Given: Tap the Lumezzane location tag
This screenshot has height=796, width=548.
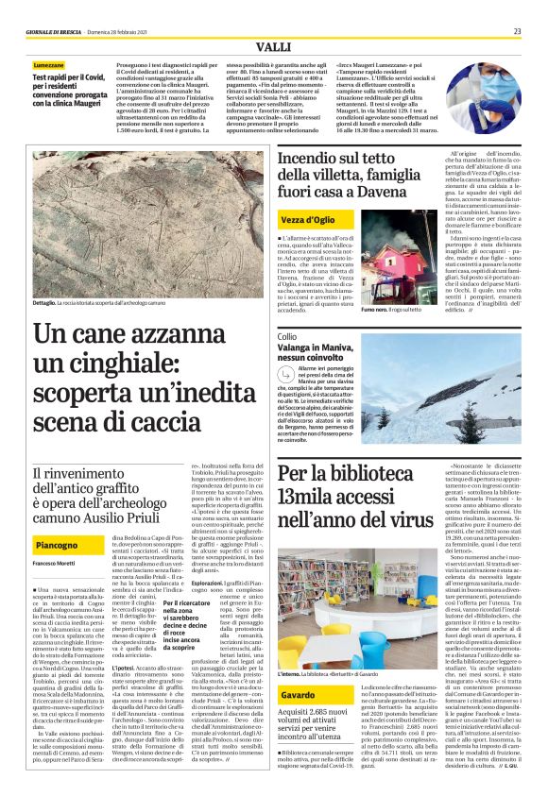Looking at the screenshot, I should point(49,65).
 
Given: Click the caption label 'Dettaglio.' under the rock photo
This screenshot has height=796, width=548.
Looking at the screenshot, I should point(45,304).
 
